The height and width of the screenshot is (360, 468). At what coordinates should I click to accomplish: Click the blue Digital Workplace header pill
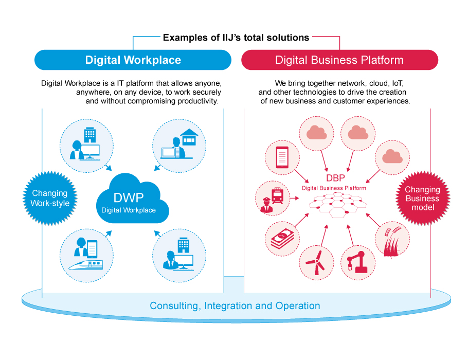(x=133, y=60)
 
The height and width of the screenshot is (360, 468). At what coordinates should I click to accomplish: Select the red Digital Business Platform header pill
(x=339, y=60)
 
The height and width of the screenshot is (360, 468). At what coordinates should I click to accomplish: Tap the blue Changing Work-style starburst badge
(x=50, y=198)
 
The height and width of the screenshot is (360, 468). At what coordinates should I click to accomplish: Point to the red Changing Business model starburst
(x=422, y=199)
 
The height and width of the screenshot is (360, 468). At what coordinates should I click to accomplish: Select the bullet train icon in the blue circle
(x=85, y=263)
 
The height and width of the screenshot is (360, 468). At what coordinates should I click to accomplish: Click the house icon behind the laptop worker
(x=188, y=136)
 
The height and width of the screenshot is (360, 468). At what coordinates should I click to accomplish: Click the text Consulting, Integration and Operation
(x=235, y=306)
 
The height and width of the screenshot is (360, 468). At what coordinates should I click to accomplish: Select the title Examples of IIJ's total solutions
(x=236, y=38)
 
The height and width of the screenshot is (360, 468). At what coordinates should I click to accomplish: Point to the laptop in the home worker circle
(x=168, y=152)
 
